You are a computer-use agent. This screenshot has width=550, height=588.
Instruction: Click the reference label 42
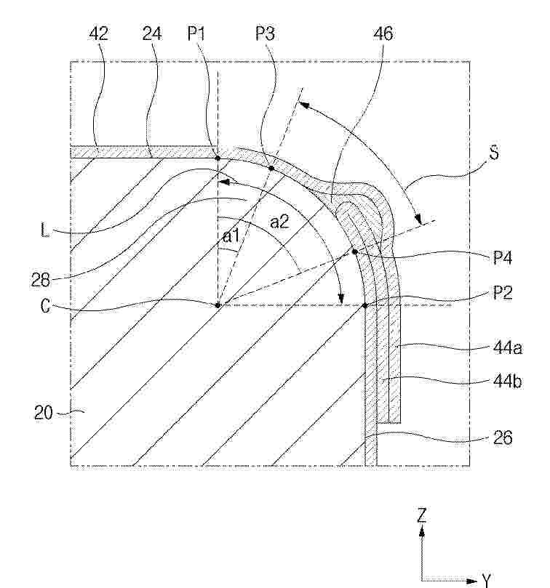click(x=99, y=33)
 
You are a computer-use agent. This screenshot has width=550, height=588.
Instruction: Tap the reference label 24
click(x=152, y=33)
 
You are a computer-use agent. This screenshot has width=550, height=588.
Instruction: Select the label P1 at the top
click(x=196, y=33)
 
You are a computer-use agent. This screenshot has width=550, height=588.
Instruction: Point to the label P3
click(x=265, y=33)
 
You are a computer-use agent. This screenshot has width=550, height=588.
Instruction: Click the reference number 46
click(x=383, y=33)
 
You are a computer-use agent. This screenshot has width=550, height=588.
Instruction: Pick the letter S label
click(x=495, y=153)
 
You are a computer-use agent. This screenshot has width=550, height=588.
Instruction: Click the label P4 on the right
click(x=502, y=257)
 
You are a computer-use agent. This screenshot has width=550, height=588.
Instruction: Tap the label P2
click(x=503, y=292)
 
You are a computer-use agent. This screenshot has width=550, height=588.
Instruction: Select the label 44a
click(x=508, y=348)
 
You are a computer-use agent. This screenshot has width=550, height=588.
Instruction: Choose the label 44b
click(x=508, y=382)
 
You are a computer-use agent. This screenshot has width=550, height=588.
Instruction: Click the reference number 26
click(x=502, y=438)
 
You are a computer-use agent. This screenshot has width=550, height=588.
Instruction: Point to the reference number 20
click(x=44, y=414)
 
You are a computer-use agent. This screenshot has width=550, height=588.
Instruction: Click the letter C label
click(x=45, y=306)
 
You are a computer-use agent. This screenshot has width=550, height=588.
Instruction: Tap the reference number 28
click(x=41, y=280)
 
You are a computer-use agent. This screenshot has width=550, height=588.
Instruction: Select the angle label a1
click(x=231, y=236)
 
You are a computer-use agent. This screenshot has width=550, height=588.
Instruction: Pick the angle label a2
click(x=279, y=222)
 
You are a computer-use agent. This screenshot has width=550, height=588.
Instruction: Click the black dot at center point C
click(x=218, y=305)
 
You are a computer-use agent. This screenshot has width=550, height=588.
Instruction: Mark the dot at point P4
click(x=354, y=251)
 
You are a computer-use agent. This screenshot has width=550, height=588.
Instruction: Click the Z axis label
click(x=422, y=515)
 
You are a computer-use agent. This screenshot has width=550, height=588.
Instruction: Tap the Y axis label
click(x=487, y=581)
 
